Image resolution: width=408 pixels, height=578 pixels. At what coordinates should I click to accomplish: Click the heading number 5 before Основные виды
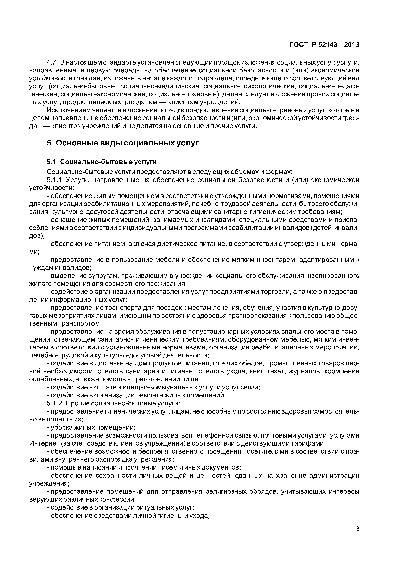point(49,143)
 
